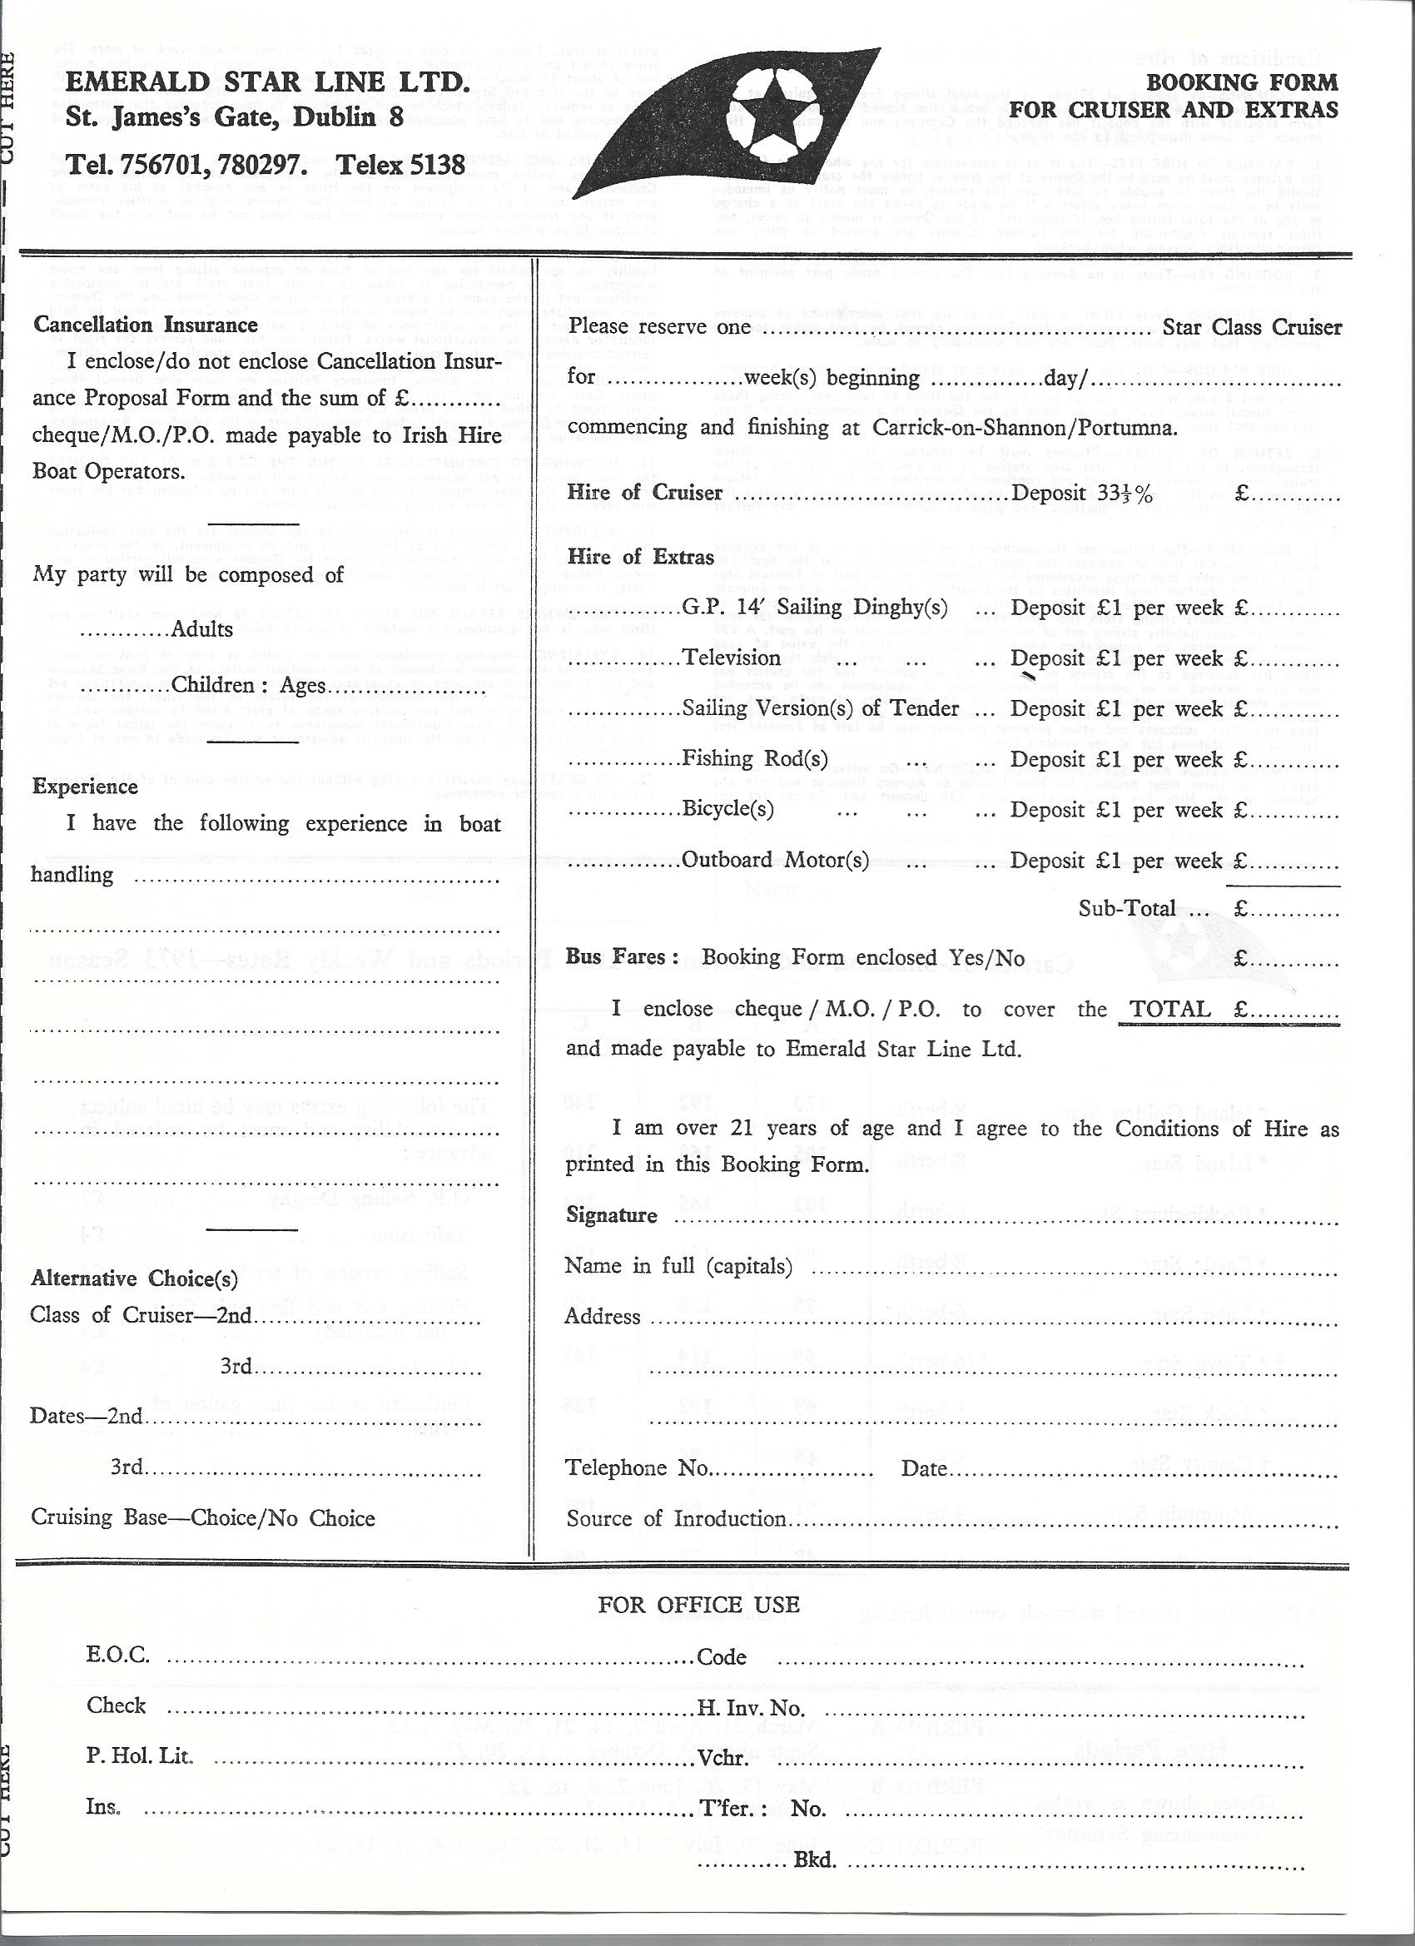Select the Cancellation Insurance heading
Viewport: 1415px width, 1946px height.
pos(146,325)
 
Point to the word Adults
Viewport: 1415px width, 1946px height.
pos(202,629)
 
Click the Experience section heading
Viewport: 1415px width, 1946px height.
pos(85,787)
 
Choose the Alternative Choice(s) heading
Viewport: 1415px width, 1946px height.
pos(135,1278)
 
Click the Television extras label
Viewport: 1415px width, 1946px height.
pos(731,659)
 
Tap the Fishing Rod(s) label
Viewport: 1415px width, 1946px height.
pos(755,758)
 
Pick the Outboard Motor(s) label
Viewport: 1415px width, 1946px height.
pos(775,860)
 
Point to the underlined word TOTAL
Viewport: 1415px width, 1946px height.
pos(1169,1009)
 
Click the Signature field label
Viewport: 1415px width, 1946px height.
pos(612,1216)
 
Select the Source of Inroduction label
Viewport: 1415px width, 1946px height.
pos(676,1519)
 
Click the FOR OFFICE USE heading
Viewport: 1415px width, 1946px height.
pos(698,1605)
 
